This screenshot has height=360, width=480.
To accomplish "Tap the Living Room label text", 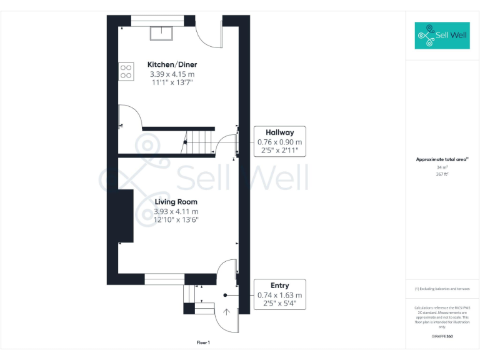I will click(x=176, y=202).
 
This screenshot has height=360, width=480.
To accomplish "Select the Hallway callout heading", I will click(x=279, y=132).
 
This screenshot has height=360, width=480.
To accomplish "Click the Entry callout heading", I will click(x=279, y=286).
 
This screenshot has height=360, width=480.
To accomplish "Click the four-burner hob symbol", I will click(x=126, y=71).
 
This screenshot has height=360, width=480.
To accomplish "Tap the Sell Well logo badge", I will click(x=442, y=36).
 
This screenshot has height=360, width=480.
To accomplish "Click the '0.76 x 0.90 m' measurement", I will click(x=279, y=142).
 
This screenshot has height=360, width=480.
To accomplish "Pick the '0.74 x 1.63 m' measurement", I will click(x=279, y=295).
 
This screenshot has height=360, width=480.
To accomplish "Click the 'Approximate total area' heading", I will click(x=442, y=159).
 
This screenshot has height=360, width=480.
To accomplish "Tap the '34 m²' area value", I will click(x=442, y=167).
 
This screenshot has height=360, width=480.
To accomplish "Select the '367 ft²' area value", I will click(x=442, y=174).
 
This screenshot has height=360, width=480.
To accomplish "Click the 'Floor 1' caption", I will click(x=203, y=342).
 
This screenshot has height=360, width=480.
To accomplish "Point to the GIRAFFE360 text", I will click(x=442, y=337).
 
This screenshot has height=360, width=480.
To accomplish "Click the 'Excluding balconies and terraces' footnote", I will click(x=442, y=289).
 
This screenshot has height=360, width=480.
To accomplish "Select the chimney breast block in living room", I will click(x=126, y=216).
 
